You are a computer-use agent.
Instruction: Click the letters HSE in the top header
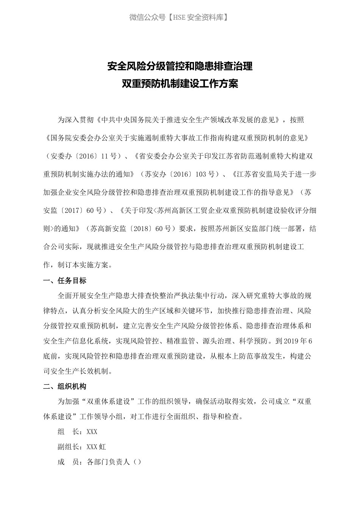[179, 17]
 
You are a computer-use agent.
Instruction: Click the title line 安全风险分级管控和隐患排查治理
[180, 67]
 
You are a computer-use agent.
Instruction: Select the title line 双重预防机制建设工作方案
[180, 84]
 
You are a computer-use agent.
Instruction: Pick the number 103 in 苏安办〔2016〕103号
[201, 174]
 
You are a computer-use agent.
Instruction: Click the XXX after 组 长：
[92, 432]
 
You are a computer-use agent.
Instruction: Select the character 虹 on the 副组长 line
[102, 447]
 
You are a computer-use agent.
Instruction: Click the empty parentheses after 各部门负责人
[137, 462]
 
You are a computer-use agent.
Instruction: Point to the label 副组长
[68, 447]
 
